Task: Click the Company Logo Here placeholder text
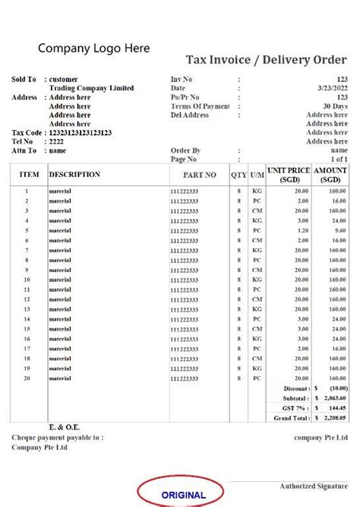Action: pos(94,49)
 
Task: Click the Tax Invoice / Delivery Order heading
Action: pos(267,60)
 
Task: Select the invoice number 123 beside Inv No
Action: pos(343,79)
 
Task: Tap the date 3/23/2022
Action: pos(333,88)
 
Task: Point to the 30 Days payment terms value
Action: pos(335,106)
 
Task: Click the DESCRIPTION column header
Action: pos(74,175)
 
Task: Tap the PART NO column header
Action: pos(199,175)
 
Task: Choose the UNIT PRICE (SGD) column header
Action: pos(288,175)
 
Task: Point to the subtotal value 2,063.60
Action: pos(334,398)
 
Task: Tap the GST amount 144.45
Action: pos(338,408)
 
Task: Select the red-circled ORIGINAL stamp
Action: pos(183,494)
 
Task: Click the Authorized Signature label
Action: pos(314,486)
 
